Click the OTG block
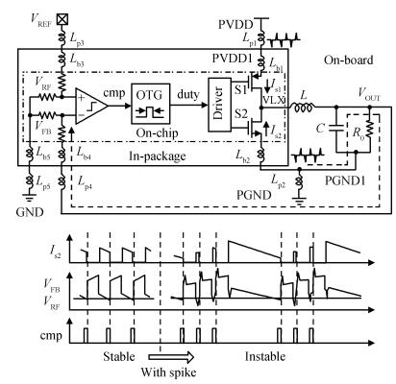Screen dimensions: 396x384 pos(150,104)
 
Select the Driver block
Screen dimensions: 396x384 pos(219,105)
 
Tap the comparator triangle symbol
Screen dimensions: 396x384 pos(91,106)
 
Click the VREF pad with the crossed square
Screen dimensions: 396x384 pos(62,19)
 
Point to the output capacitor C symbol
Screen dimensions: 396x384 pos(336,129)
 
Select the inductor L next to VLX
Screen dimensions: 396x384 pos(303,108)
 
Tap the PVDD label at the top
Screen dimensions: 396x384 pos(235,24)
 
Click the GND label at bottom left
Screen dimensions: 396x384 pos(30,212)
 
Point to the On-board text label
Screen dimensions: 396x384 pos(349,60)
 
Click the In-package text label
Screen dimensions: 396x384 pos(158,156)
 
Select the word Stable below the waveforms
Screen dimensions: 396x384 pos(119,356)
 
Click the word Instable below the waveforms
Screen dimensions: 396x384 pos(265,356)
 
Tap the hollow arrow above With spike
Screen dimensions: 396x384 pos(171,357)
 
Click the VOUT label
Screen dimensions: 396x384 pos(369,94)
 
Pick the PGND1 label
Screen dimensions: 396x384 pos(345,180)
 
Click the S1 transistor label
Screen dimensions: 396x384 pos(241,89)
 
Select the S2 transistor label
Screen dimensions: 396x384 pos(241,113)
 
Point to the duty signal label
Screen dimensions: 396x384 pos(188,94)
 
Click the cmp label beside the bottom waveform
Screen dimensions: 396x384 pos(51,336)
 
